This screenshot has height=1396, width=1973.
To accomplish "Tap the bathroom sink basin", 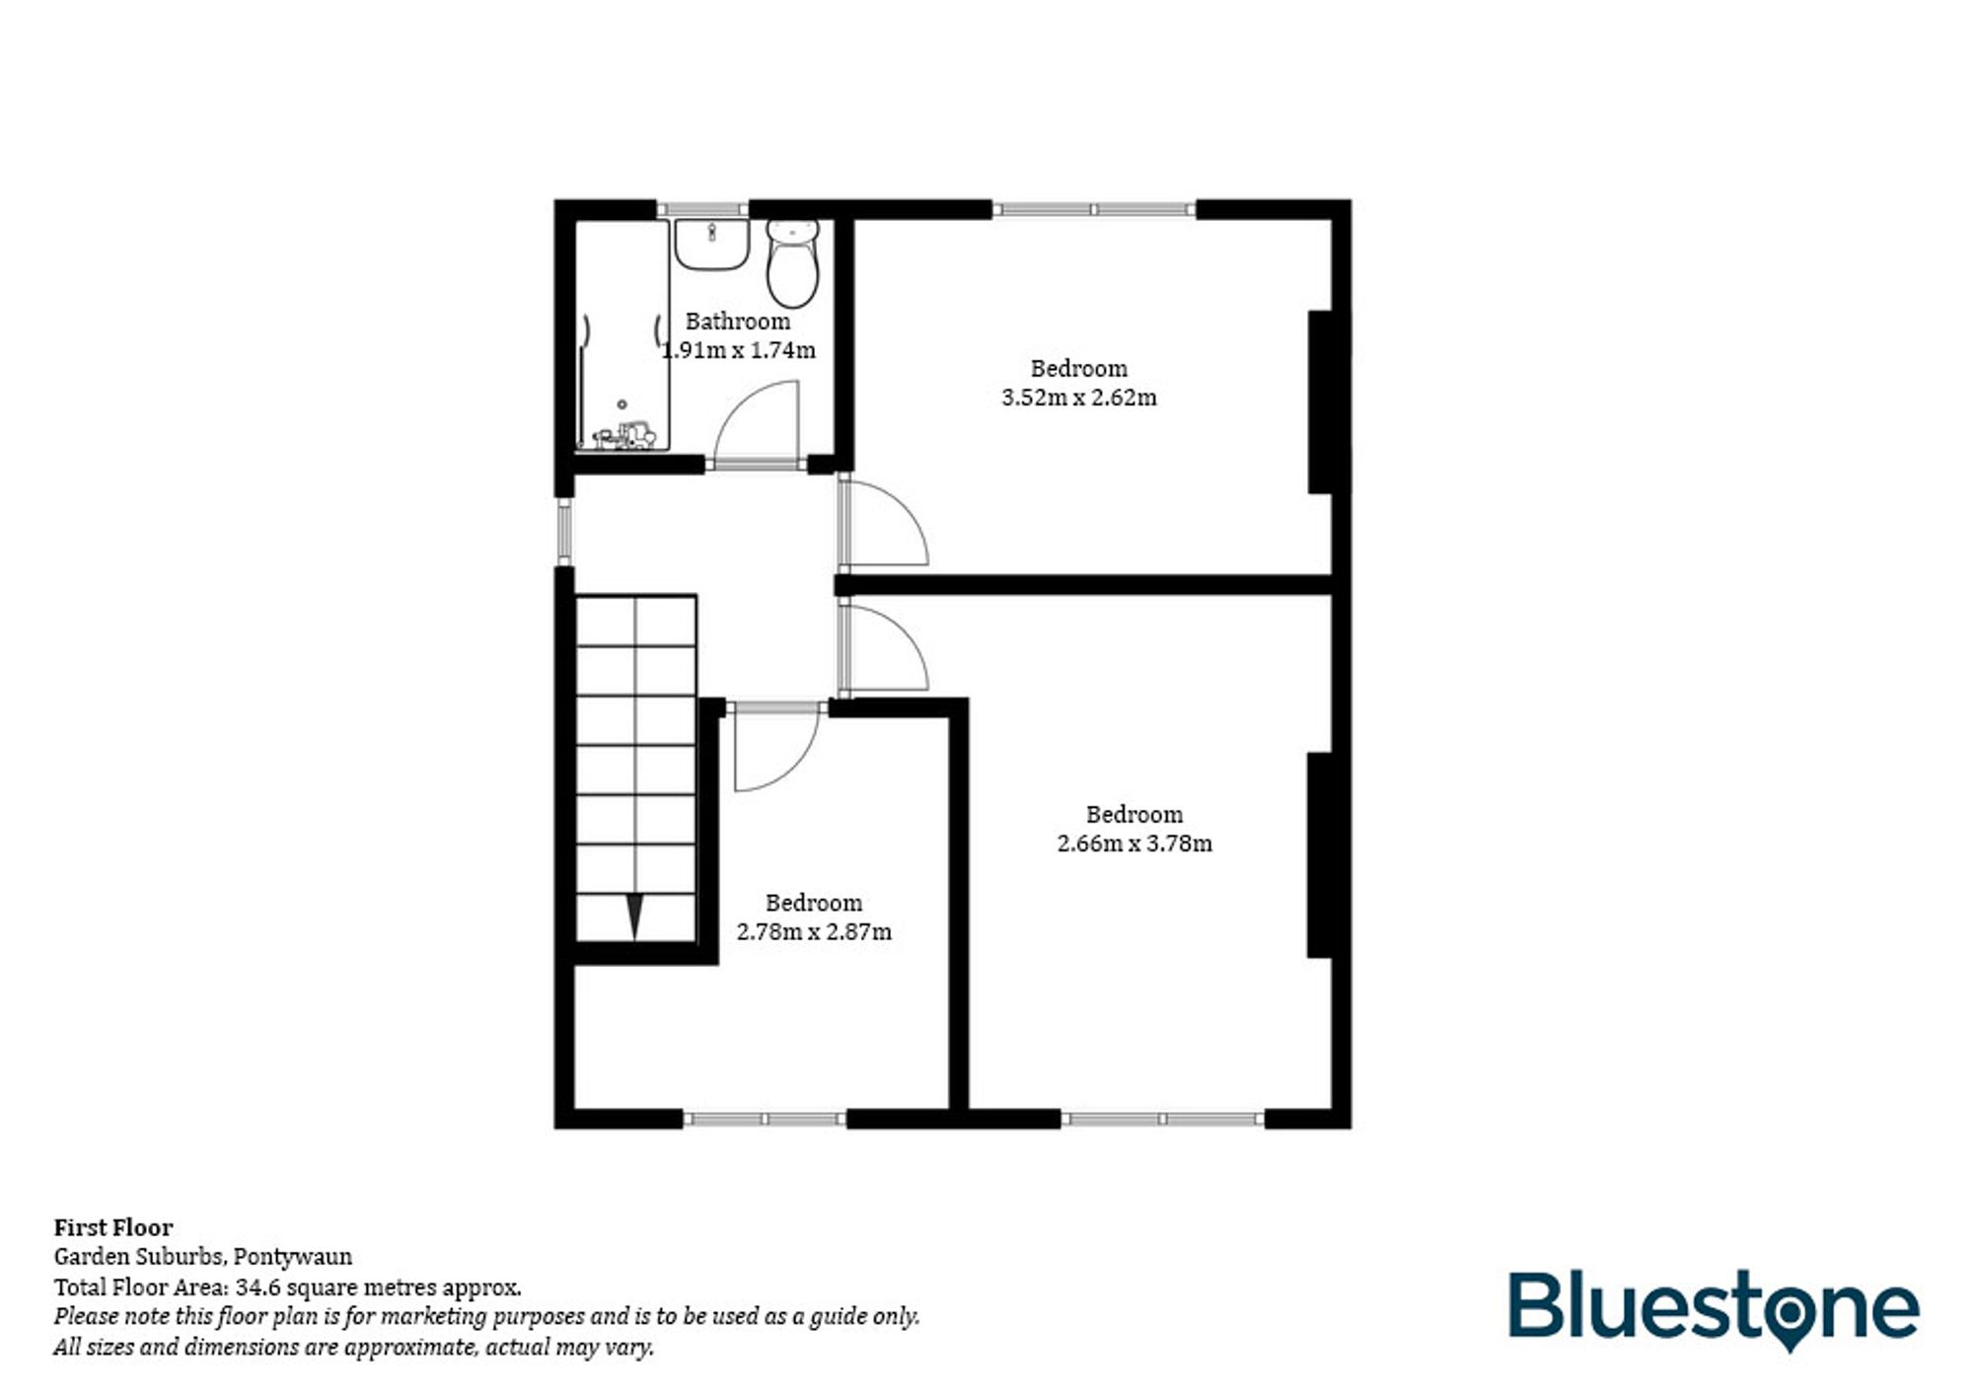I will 710,244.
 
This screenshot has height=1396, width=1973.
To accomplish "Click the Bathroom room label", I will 737,322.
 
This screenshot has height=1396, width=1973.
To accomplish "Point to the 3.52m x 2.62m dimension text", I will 1078,398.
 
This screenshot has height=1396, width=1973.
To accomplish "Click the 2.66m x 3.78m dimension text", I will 1134,844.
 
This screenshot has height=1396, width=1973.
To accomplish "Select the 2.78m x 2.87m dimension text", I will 814,931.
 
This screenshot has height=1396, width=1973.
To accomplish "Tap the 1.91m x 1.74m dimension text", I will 738,350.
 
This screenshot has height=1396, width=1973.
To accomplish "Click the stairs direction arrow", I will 634,917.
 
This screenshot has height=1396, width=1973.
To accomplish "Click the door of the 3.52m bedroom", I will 885,523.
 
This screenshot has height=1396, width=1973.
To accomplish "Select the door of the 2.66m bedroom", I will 885,646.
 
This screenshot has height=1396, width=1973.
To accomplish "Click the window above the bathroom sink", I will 702,209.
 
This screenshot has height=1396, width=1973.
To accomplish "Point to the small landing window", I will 564,533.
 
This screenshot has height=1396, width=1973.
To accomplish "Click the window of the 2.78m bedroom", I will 765,1119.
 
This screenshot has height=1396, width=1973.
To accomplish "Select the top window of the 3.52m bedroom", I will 1093,209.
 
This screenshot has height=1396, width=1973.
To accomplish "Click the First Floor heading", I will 113,1227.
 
